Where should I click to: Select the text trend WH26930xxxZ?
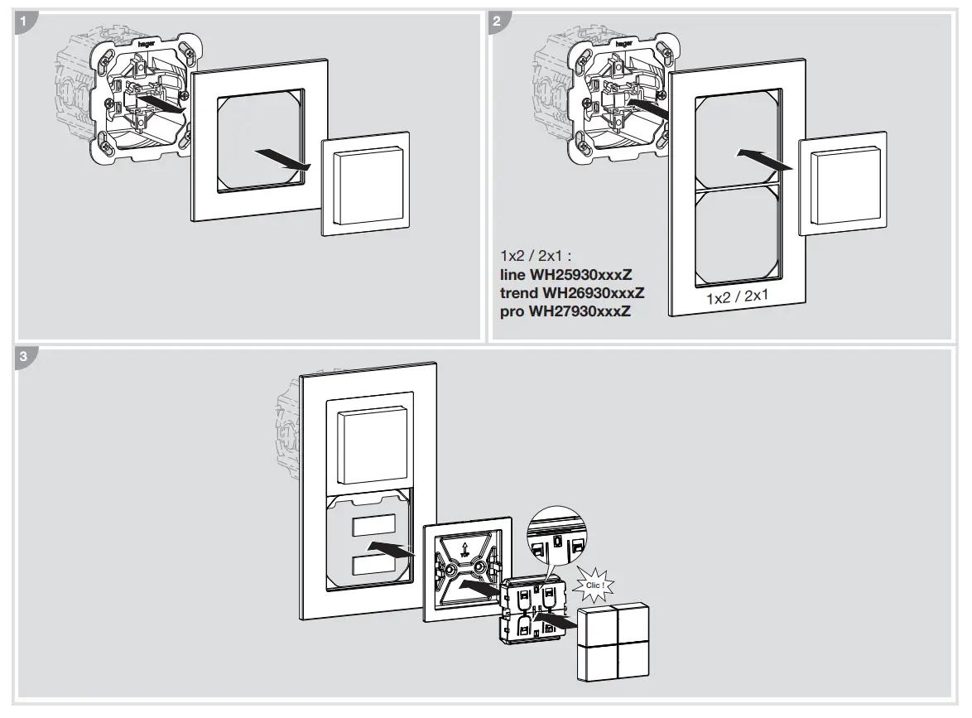click(x=572, y=293)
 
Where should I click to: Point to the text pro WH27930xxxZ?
click(x=565, y=311)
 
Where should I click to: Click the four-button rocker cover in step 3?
click(x=612, y=643)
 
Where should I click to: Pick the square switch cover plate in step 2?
click(x=842, y=184)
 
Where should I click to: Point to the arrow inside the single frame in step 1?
click(x=282, y=161)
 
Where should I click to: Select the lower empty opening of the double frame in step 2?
click(x=737, y=234)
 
